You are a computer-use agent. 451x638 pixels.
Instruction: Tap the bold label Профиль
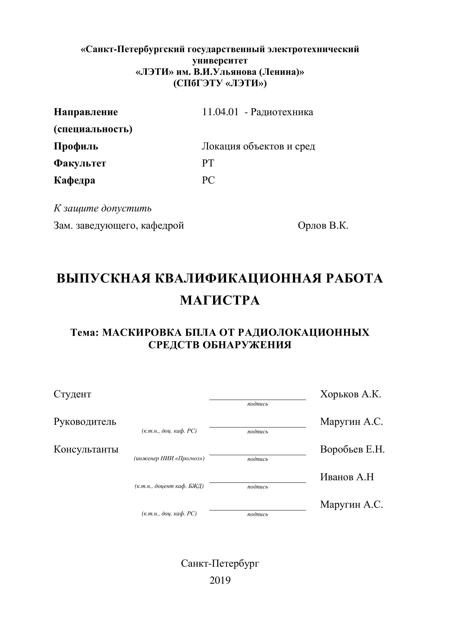point(76,146)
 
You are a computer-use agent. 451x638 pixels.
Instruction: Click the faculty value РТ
point(208,163)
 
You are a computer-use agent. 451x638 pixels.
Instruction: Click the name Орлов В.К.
point(323,226)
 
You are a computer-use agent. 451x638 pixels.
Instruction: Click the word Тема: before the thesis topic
point(85,332)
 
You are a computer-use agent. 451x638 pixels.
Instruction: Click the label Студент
point(72,394)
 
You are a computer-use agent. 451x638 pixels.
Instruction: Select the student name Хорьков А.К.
point(350,394)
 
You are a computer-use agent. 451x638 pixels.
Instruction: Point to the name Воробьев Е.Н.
point(352,449)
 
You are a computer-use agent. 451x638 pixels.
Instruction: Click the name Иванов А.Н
point(347,477)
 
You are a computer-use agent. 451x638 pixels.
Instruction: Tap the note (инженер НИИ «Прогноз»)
point(169,459)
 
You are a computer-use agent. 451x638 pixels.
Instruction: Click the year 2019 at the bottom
point(220,580)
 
